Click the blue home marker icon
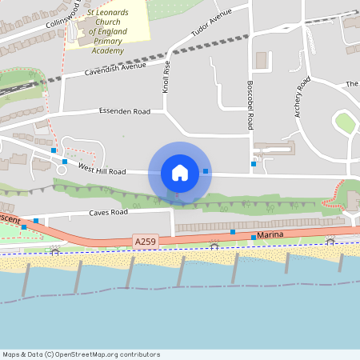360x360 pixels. pos(180,172)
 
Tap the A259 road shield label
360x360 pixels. pos(146,240)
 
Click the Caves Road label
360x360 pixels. pos(108,212)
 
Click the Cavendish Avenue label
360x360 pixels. pos(116,70)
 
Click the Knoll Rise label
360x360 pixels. pos(166,78)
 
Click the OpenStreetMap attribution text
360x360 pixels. pos(81,354)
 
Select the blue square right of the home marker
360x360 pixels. pos(206,171)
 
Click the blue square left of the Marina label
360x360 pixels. pos(254,238)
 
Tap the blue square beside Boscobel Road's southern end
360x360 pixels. pos(254,163)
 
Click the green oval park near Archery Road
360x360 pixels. pos(345,123)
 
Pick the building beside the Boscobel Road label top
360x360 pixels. pos(261,60)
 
